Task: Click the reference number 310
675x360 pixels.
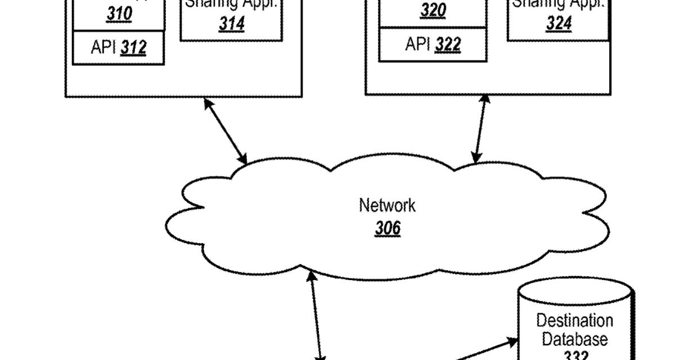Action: [119, 15]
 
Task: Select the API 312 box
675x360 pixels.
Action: [118, 48]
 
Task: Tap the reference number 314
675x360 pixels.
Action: [232, 24]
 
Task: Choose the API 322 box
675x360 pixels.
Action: [433, 44]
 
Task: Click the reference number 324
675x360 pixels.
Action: [559, 24]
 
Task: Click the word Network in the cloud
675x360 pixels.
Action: [387, 205]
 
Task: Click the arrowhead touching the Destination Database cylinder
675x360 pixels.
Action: [512, 341]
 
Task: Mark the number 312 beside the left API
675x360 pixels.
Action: [134, 48]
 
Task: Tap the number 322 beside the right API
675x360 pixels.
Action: [448, 44]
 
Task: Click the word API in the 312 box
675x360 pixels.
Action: [104, 48]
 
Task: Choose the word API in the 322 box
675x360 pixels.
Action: [418, 44]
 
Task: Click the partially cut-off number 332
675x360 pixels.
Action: [576, 355]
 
